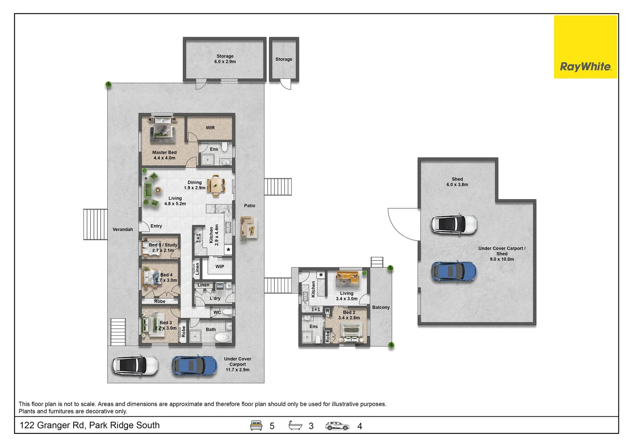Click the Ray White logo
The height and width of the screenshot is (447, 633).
click(x=585, y=67)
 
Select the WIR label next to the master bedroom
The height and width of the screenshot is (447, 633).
click(x=210, y=128)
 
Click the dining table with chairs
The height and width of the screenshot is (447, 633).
click(x=216, y=185)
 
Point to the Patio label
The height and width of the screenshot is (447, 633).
click(x=249, y=206)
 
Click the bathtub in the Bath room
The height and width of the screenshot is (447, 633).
click(x=223, y=337)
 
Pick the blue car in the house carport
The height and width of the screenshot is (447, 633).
click(x=194, y=365)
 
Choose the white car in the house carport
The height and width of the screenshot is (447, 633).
click(x=135, y=365)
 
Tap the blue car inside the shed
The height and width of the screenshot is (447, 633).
click(x=453, y=272)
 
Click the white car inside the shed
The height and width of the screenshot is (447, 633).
click(x=454, y=224)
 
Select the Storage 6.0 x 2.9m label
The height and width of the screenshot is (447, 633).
click(x=225, y=59)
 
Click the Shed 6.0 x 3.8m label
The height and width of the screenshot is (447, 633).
click(x=457, y=182)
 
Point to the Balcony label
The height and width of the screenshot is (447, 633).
click(x=380, y=308)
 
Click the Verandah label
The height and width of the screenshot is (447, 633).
click(x=123, y=230)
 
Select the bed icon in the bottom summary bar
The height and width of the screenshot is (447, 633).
click(x=256, y=425)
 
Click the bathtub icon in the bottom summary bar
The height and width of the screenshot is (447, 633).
click(x=295, y=425)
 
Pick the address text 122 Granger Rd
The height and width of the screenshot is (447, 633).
click(x=89, y=425)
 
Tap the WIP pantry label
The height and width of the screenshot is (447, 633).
click(x=219, y=267)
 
